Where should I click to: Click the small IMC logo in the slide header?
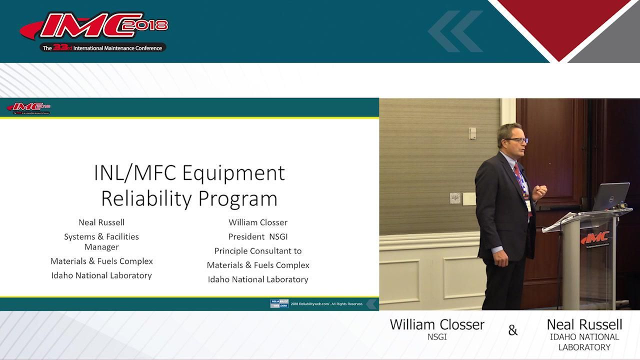click(28, 107)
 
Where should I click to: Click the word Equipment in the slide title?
click(233, 173)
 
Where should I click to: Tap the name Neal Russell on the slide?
click(101, 222)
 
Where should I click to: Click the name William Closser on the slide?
click(258, 222)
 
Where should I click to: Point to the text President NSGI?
click(258, 236)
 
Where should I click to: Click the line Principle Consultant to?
click(258, 251)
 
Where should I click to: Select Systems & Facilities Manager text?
click(101, 241)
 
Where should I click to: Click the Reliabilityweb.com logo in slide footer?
click(279, 303)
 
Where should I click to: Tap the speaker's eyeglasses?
click(518, 140)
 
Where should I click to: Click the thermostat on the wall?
click(472, 133)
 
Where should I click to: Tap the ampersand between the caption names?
click(513, 330)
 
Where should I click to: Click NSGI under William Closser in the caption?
click(436, 337)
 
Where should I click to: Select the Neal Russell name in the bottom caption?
click(584, 324)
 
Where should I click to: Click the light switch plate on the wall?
click(455, 198)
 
